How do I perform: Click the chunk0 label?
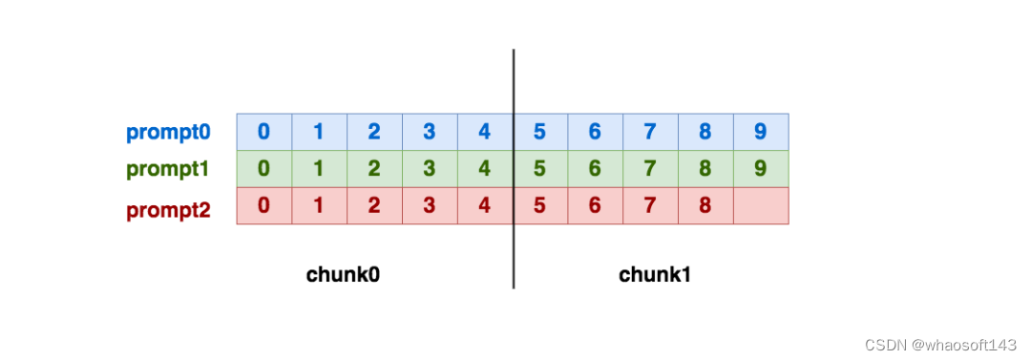tap(343, 275)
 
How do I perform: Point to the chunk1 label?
tap(655, 275)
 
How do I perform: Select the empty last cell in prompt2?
tap(761, 206)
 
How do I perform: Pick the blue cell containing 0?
tap(263, 132)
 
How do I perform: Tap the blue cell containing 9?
tap(761, 132)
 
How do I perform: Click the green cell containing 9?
tap(761, 169)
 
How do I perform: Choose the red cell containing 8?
tap(705, 206)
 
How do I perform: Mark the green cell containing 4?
tap(485, 169)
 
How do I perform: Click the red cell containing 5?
tap(540, 206)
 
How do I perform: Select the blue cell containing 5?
tap(540, 132)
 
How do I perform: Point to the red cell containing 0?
tap(263, 206)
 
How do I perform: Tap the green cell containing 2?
tap(374, 169)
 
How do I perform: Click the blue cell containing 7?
tap(650, 132)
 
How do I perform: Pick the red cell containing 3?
tap(430, 206)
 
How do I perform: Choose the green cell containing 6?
tap(596, 169)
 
